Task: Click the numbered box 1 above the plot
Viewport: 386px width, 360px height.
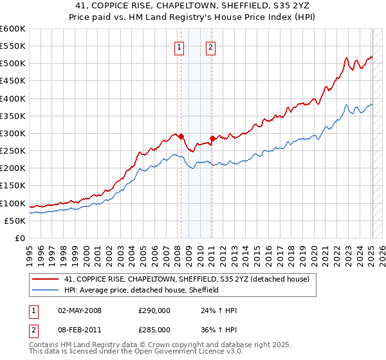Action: click(x=178, y=46)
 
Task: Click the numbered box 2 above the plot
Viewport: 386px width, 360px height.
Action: click(x=210, y=46)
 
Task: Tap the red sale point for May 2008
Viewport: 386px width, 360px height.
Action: click(x=181, y=136)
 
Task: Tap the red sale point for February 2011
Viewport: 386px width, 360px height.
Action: click(x=212, y=138)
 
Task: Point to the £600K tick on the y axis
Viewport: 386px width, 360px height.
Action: click(x=13, y=29)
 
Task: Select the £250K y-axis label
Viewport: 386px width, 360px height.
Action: click(x=13, y=150)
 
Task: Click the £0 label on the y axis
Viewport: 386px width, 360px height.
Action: click(x=21, y=238)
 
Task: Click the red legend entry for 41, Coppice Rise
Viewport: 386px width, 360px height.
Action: click(x=187, y=279)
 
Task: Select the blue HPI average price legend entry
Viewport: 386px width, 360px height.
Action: click(x=142, y=290)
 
